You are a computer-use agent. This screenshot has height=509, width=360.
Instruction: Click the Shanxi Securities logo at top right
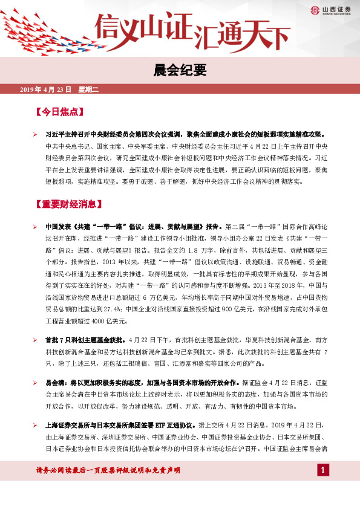tap(332, 10)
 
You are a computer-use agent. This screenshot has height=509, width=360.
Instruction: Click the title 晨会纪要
tap(180, 70)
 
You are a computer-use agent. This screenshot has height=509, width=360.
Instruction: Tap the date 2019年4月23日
tap(46, 90)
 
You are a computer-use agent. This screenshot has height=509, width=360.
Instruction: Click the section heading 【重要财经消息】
tap(69, 203)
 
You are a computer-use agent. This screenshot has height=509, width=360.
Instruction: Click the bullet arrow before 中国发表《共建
tap(35, 227)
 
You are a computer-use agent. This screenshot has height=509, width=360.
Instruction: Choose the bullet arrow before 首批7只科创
tap(35, 340)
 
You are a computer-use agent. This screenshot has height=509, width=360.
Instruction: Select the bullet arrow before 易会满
tap(35, 383)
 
